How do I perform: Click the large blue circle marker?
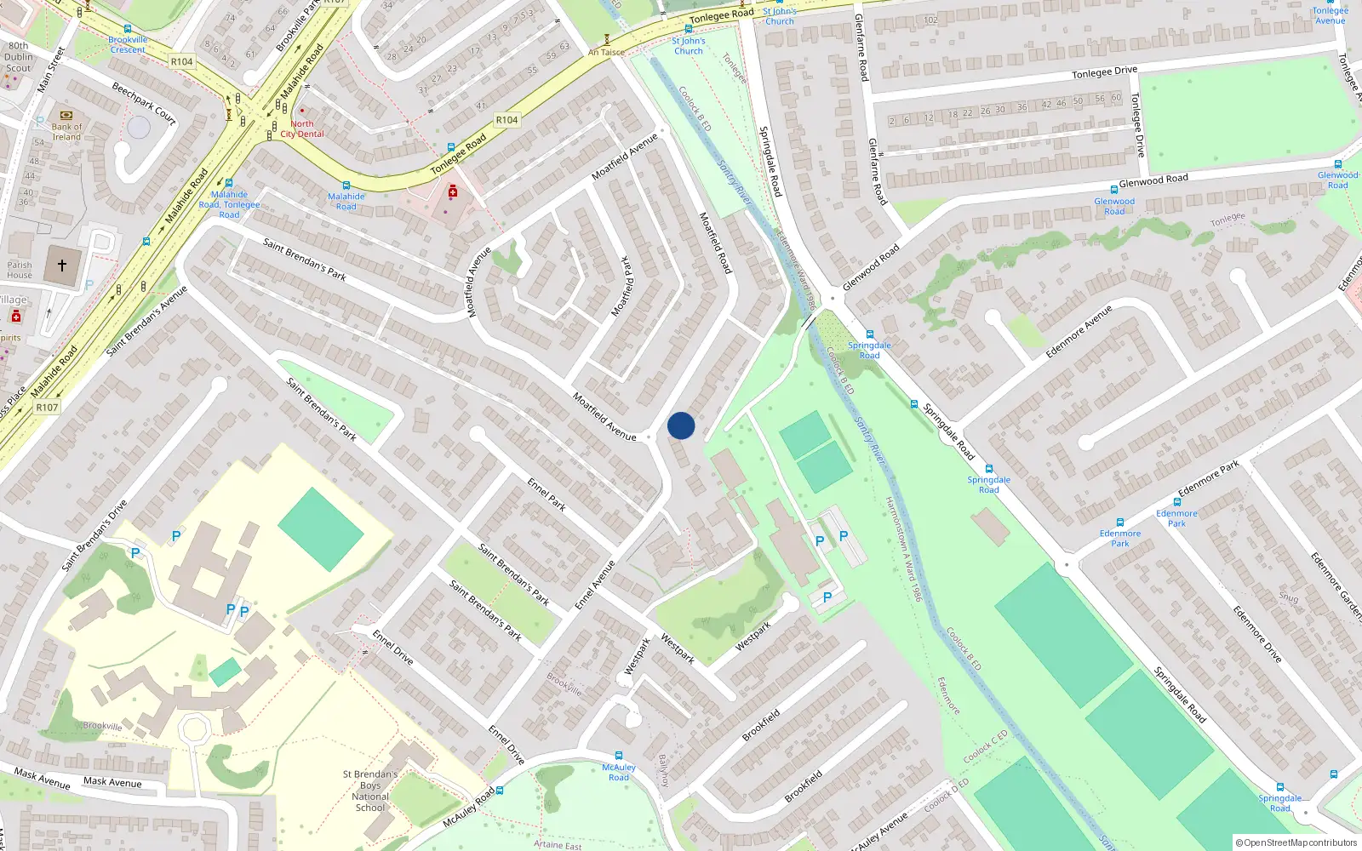tap(681, 425)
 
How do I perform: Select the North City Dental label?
tap(302, 129)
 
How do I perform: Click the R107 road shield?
tap(47, 408)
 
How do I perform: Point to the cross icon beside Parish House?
tap(62, 266)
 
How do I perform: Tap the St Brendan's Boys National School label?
tap(370, 791)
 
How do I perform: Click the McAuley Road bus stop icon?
tap(619, 756)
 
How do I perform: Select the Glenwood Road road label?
tap(1153, 180)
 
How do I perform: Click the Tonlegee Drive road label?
tap(1104, 72)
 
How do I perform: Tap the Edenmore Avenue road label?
tap(1079, 331)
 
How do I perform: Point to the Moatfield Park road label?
tap(623, 286)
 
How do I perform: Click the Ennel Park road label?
tap(547, 494)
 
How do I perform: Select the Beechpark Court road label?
tap(144, 104)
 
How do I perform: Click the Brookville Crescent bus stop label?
tap(128, 45)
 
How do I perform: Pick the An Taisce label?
tap(606, 52)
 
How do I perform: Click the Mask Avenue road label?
tap(112, 781)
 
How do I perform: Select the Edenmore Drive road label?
tap(1257, 634)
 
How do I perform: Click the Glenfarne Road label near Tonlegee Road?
tap(861, 48)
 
